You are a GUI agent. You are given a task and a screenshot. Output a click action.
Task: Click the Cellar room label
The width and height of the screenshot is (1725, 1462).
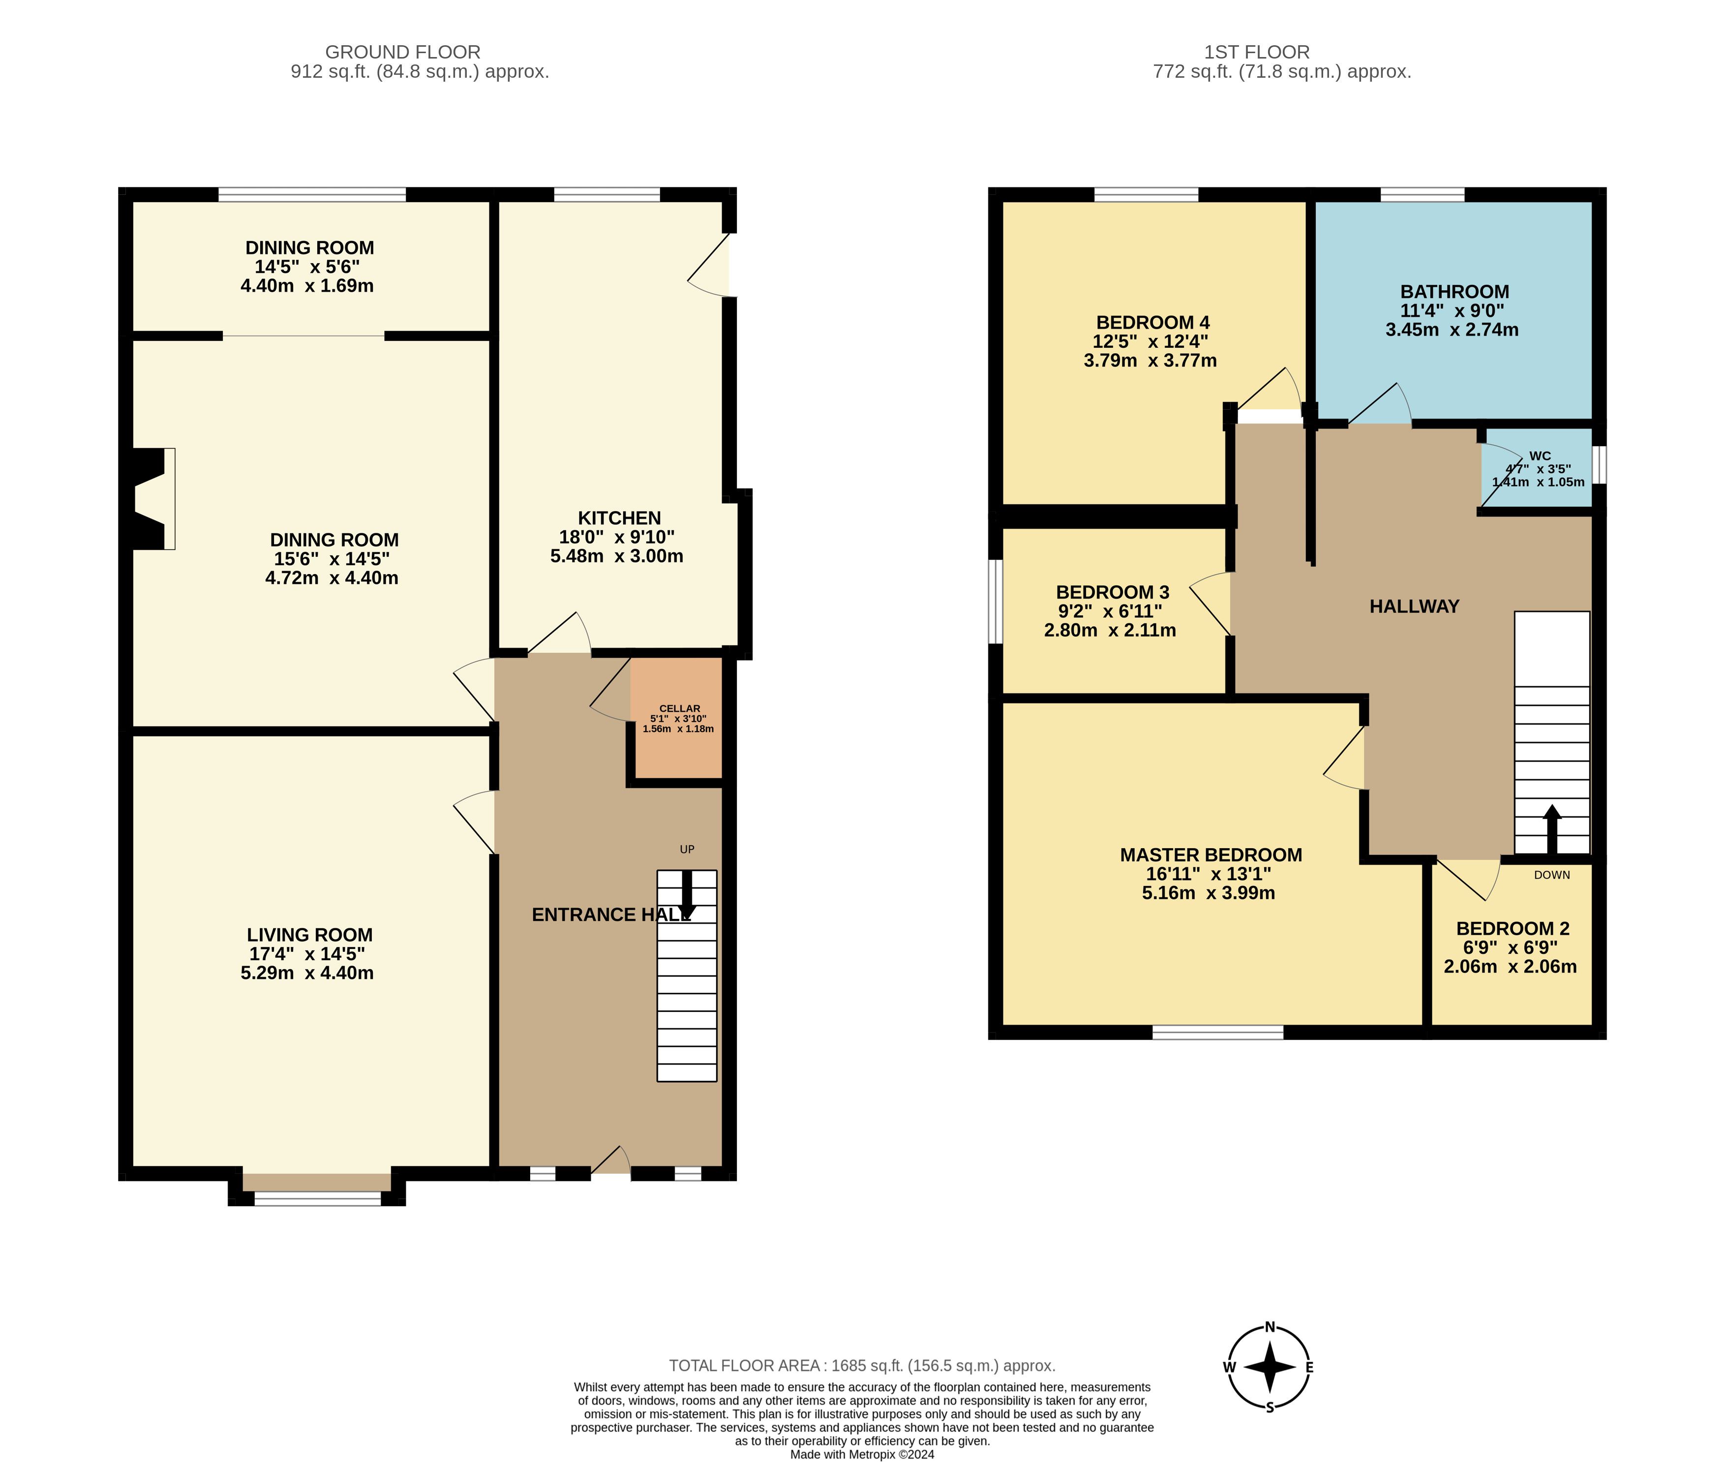tap(679, 709)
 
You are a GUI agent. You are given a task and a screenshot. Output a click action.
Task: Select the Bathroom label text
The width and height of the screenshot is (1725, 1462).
tap(1454, 292)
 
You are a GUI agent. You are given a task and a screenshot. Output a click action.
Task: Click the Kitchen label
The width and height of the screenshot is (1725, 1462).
tap(619, 518)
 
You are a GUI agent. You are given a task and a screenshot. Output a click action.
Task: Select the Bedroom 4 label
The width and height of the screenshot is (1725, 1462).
tap(1151, 322)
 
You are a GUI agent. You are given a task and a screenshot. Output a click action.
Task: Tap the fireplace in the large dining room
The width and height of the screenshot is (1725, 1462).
tap(154, 499)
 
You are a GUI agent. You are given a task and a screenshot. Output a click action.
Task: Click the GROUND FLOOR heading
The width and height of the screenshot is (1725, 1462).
tap(403, 52)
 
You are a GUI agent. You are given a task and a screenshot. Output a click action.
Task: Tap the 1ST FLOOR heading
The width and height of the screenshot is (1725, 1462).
tap(1257, 52)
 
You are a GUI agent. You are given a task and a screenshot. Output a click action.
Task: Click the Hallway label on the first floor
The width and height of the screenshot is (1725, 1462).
tap(1414, 607)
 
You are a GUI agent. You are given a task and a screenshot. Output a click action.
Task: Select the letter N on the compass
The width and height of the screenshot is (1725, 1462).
tap(1270, 1327)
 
